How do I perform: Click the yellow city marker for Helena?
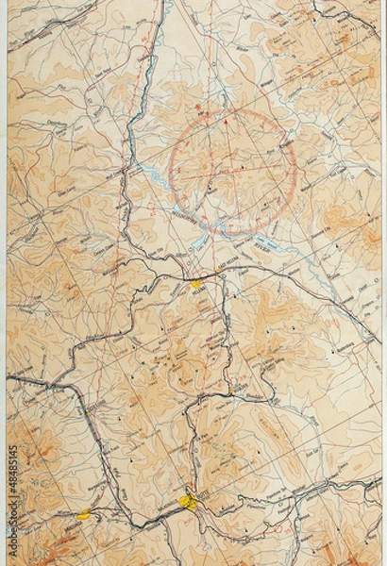click(x=196, y=282)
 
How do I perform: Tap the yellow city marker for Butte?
click(x=190, y=502)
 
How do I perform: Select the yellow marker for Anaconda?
click(x=85, y=515)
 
